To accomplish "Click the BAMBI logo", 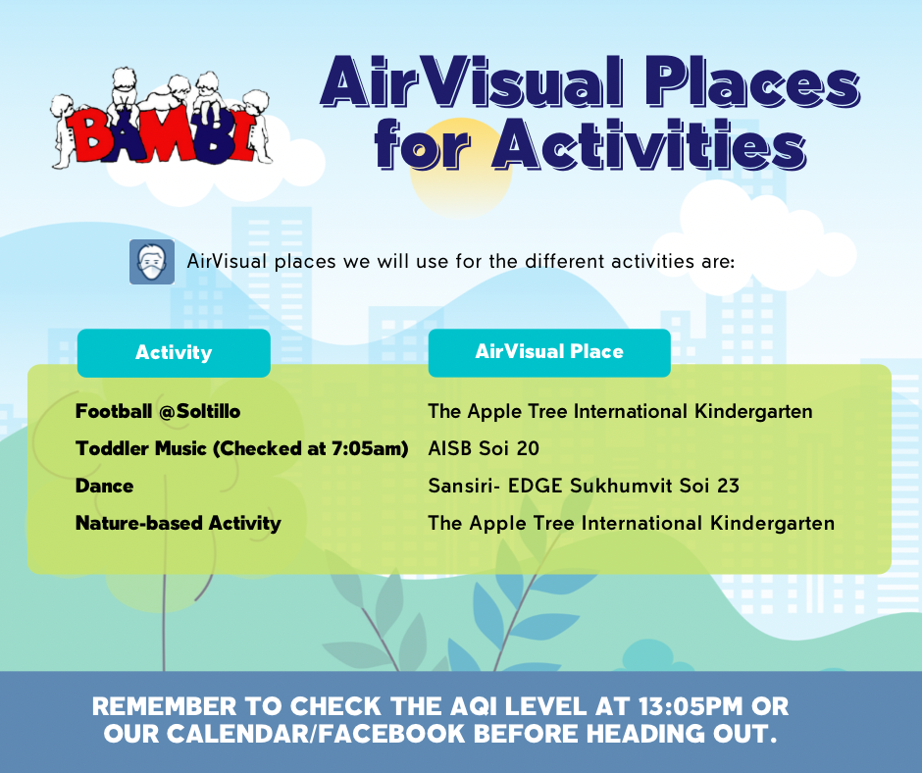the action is pyautogui.click(x=161, y=119).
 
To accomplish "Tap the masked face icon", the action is pyautogui.click(x=152, y=262).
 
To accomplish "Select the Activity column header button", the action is pyautogui.click(x=174, y=352).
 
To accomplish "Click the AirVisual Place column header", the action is pyautogui.click(x=549, y=352).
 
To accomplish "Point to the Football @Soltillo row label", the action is pyautogui.click(x=158, y=411).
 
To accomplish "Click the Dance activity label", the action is pyautogui.click(x=104, y=486).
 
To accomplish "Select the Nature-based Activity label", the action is pyautogui.click(x=179, y=524).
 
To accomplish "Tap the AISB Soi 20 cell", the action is pyautogui.click(x=484, y=448).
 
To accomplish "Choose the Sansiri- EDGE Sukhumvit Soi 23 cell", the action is pyautogui.click(x=584, y=486).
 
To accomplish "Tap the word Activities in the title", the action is pyautogui.click(x=649, y=144).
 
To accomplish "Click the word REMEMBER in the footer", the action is pyautogui.click(x=164, y=706).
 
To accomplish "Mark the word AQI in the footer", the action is pyautogui.click(x=474, y=706).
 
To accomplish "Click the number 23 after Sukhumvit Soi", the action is pyautogui.click(x=728, y=486).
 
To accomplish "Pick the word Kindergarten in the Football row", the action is pyautogui.click(x=753, y=412).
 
